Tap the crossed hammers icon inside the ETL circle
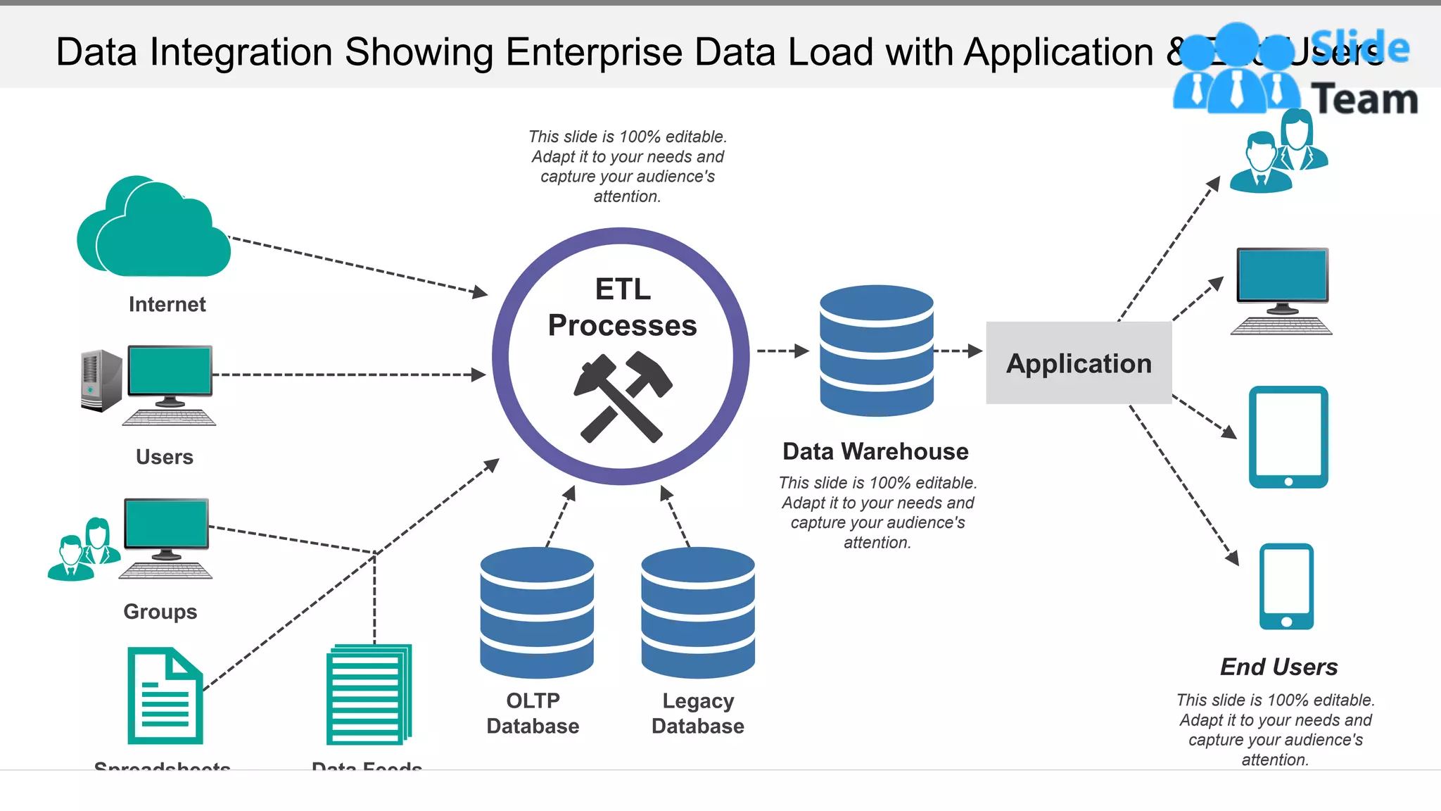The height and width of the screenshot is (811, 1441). pyautogui.click(x=622, y=397)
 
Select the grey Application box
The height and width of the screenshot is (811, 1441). pyautogui.click(x=1079, y=363)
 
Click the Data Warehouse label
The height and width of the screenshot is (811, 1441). pyautogui.click(x=875, y=451)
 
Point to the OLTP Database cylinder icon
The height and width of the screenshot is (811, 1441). pyautogui.click(x=537, y=612)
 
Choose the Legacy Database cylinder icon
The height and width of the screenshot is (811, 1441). pyautogui.click(x=698, y=612)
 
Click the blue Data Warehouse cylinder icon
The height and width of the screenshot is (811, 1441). pyautogui.click(x=877, y=350)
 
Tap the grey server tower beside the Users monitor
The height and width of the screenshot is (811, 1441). pyautogui.click(x=101, y=380)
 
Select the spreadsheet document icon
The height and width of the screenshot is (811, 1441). pyautogui.click(x=165, y=696)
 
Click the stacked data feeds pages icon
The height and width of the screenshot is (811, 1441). pyautogui.click(x=369, y=694)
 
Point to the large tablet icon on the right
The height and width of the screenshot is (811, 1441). pyautogui.click(x=1288, y=436)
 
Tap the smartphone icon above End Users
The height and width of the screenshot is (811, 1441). pyautogui.click(x=1286, y=586)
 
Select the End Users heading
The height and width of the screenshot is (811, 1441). pyautogui.click(x=1278, y=667)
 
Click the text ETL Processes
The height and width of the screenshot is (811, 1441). pyautogui.click(x=622, y=308)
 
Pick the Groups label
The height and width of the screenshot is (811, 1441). pyautogui.click(x=160, y=611)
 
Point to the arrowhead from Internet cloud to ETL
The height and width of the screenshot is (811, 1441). pyautogui.click(x=480, y=292)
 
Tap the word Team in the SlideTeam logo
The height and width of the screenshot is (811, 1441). pyautogui.click(x=1364, y=99)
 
